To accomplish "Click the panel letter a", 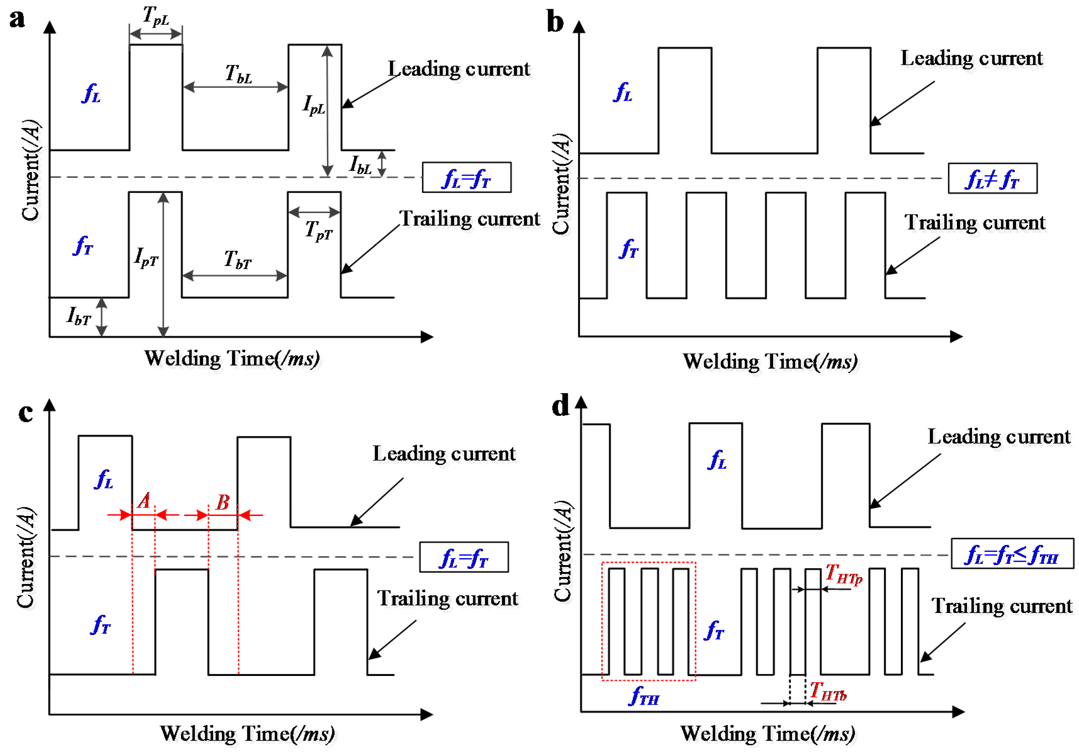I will pos(17,20).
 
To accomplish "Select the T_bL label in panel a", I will pos(238,74).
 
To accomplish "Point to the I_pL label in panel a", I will pos(313,105).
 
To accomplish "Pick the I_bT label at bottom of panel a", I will pos(78,316).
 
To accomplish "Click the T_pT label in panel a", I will pos(319,230).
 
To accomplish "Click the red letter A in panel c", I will pos(144,501).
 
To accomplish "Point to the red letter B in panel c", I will pos(222,503).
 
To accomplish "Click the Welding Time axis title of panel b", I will pos(770,361).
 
